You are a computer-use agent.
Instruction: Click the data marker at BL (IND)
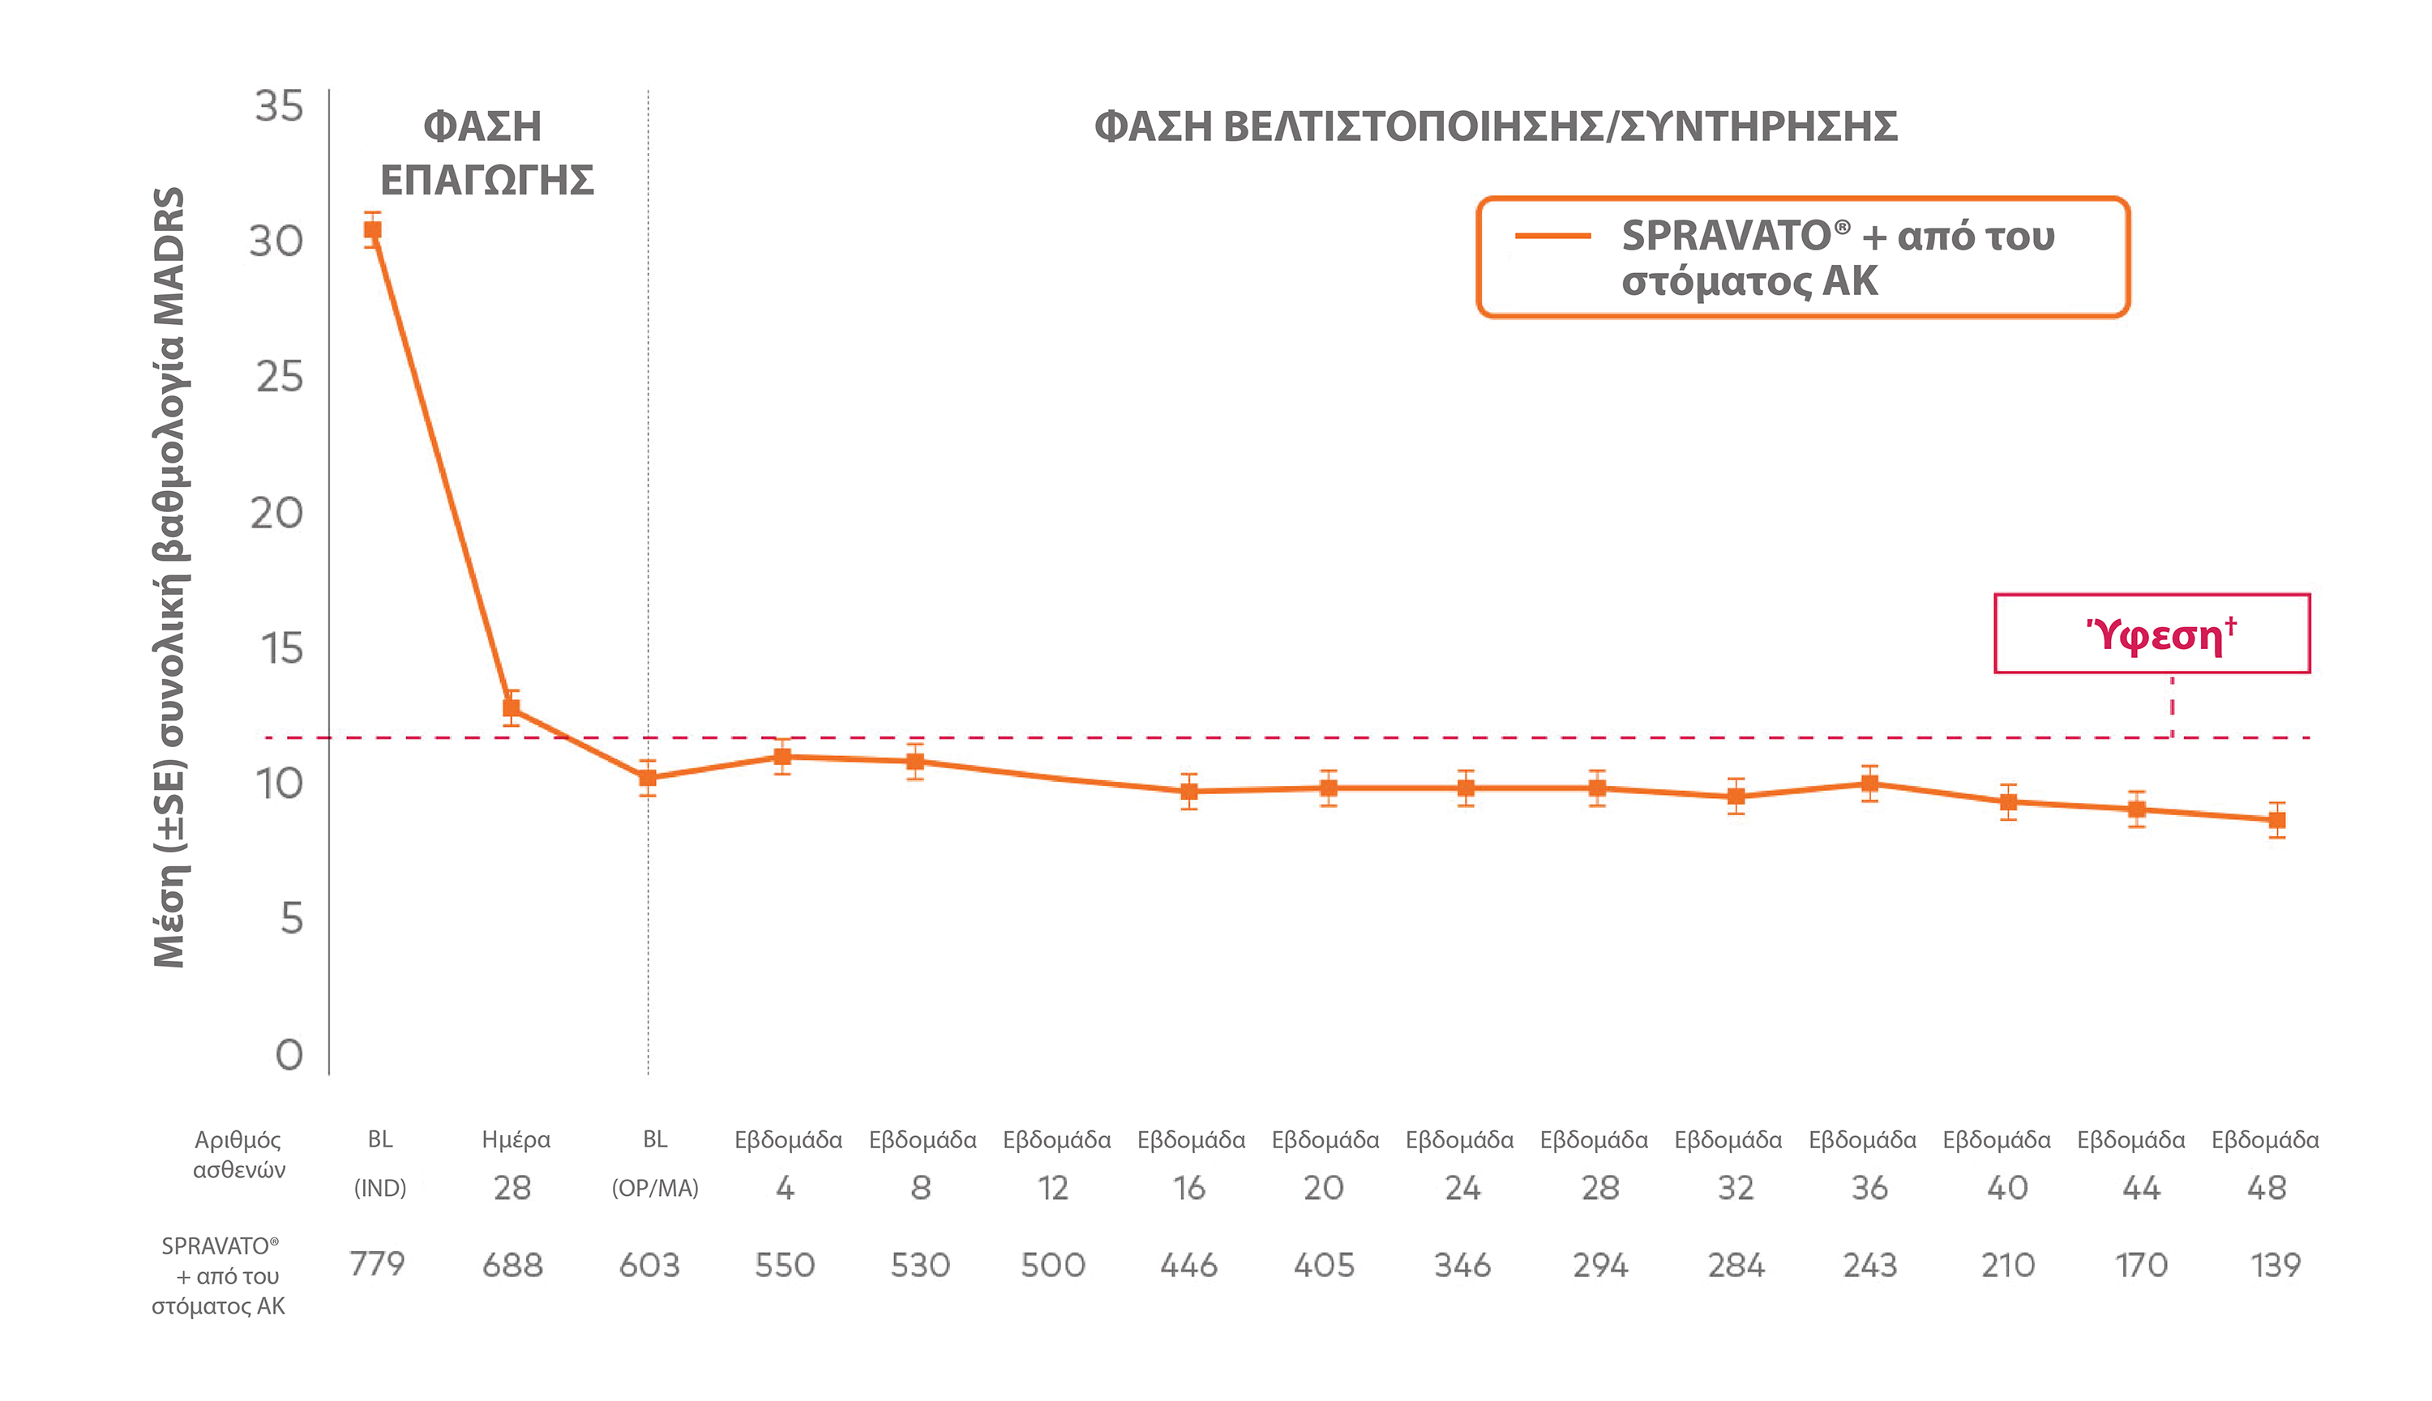(372, 230)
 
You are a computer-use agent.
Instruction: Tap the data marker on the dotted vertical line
(648, 779)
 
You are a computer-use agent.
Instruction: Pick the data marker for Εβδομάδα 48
(2277, 820)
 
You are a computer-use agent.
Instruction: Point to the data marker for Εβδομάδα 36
(1869, 784)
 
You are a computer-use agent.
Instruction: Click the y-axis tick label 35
(278, 106)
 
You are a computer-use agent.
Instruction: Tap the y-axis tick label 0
(289, 1055)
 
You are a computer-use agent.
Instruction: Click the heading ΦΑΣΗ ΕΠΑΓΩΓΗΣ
(486, 153)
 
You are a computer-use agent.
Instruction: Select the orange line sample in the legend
(1552, 236)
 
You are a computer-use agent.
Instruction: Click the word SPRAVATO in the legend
(1726, 236)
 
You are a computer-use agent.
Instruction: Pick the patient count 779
(377, 1263)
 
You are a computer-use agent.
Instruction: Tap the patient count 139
(2275, 1263)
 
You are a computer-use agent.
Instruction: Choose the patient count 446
(1188, 1263)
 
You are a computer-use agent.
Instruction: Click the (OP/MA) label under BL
(654, 1189)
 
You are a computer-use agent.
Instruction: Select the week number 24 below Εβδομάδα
(1461, 1189)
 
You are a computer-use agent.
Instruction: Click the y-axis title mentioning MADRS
(169, 577)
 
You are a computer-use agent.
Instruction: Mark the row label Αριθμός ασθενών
(238, 1154)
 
